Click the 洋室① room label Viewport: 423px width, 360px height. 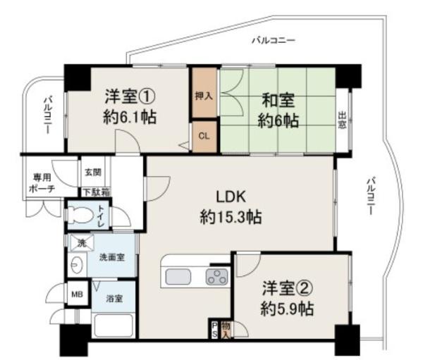pos(130,97)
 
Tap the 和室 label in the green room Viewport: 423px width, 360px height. pos(278,101)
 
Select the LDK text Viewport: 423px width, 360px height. pos(231,197)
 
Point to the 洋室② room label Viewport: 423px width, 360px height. pos(288,288)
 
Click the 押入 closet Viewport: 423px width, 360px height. pos(204,92)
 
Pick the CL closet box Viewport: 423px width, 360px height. pos(204,136)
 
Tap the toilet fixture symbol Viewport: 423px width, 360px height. pos(79,215)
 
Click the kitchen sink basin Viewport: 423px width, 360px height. pos(178,277)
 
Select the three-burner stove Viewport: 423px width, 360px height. pos(216,277)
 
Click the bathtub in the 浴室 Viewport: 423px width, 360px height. pos(114,325)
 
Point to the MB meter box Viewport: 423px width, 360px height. pos(77,294)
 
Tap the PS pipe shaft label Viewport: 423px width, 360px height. pos(214,329)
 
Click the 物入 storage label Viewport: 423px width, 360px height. pos(226,330)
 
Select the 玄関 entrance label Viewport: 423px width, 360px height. pos(93,172)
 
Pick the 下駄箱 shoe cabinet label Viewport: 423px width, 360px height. pos(97,192)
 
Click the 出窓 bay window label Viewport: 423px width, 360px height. pos(342,120)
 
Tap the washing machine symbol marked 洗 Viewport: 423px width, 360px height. pos(82,243)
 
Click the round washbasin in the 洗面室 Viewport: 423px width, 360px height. pos(77,264)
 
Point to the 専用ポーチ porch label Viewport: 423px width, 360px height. pos(42,183)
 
